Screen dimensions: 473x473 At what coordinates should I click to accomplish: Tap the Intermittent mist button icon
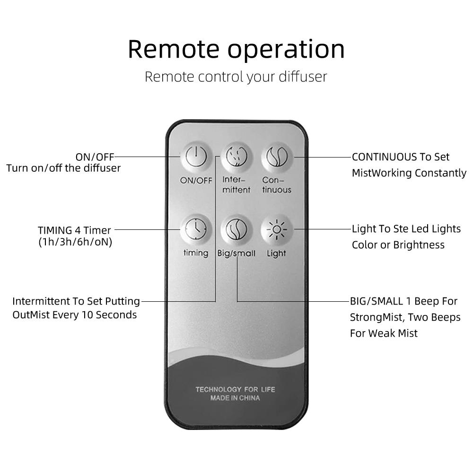(x=236, y=157)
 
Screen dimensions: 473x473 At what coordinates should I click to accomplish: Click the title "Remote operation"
(x=236, y=49)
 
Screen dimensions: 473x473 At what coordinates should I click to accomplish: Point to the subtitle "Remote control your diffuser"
(x=236, y=77)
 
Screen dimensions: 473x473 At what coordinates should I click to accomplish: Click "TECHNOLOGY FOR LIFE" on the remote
(x=235, y=389)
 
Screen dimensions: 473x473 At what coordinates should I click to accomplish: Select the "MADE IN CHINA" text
(x=235, y=398)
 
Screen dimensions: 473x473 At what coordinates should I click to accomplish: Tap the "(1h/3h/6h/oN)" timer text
(x=75, y=243)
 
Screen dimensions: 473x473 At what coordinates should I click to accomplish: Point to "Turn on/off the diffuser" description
(x=63, y=168)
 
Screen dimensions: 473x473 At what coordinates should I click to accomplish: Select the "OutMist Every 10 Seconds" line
(x=75, y=315)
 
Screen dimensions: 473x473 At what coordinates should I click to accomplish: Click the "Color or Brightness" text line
(x=398, y=245)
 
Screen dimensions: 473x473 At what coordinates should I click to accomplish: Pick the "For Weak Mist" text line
(x=384, y=333)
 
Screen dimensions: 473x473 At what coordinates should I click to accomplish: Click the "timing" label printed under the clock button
(x=195, y=253)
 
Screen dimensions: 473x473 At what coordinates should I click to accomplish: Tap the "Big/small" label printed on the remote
(x=236, y=254)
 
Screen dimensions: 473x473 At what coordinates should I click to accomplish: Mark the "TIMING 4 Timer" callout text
(x=74, y=230)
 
